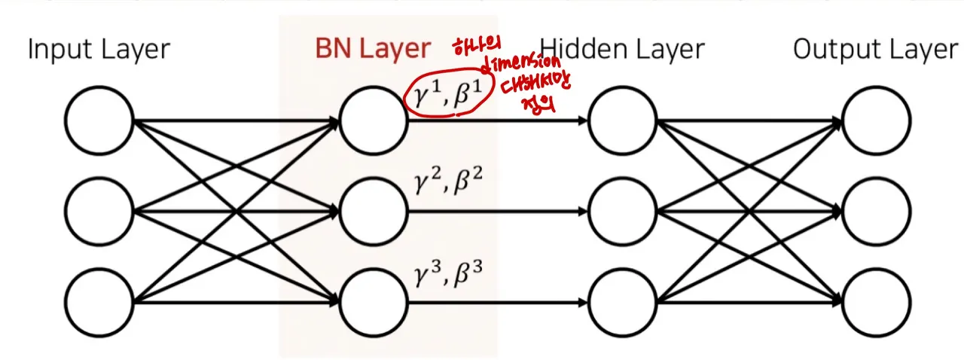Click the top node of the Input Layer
click(x=99, y=121)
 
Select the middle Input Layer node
click(x=99, y=212)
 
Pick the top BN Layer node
click(x=374, y=121)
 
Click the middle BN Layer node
click(x=374, y=212)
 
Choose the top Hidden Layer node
click(x=623, y=121)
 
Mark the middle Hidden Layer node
click(x=623, y=212)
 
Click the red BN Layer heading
click(x=373, y=50)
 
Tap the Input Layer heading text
click(x=99, y=50)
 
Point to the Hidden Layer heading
click(x=622, y=50)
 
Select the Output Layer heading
click(x=875, y=50)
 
